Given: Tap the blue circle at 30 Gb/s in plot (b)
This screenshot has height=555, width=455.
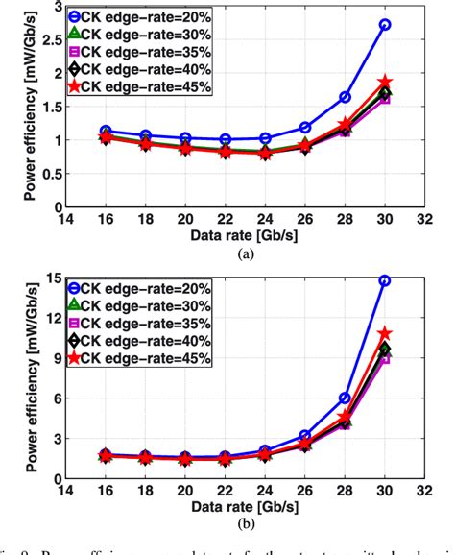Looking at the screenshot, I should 385,280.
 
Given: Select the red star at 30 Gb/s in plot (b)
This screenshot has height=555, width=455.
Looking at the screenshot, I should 385,333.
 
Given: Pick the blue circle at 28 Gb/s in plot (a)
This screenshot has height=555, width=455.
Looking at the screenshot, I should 345,97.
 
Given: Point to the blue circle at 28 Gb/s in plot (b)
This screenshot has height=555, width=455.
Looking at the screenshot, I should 345,398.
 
